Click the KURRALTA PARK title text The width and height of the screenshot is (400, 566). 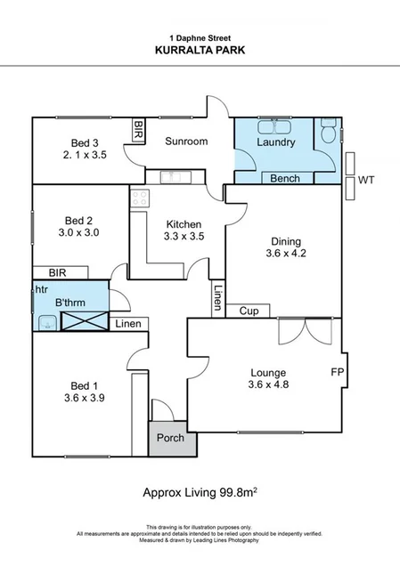pos(200,51)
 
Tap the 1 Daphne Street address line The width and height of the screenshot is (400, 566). pos(200,37)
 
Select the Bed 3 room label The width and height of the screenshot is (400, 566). pos(86,142)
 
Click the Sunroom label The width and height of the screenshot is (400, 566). pos(186,141)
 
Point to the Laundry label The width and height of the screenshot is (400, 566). pos(275,142)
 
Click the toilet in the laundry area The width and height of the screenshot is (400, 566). pos(329,132)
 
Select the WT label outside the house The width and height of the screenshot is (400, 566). pos(366,180)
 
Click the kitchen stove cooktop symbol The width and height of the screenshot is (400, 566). pos(139,199)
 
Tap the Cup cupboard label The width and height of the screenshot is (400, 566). pos(249,311)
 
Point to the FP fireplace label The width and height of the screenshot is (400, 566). pos(338,370)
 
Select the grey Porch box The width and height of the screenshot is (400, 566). pos(169,439)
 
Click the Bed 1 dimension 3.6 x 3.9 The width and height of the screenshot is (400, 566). pos(86,399)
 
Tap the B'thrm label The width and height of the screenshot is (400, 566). pos(70,303)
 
